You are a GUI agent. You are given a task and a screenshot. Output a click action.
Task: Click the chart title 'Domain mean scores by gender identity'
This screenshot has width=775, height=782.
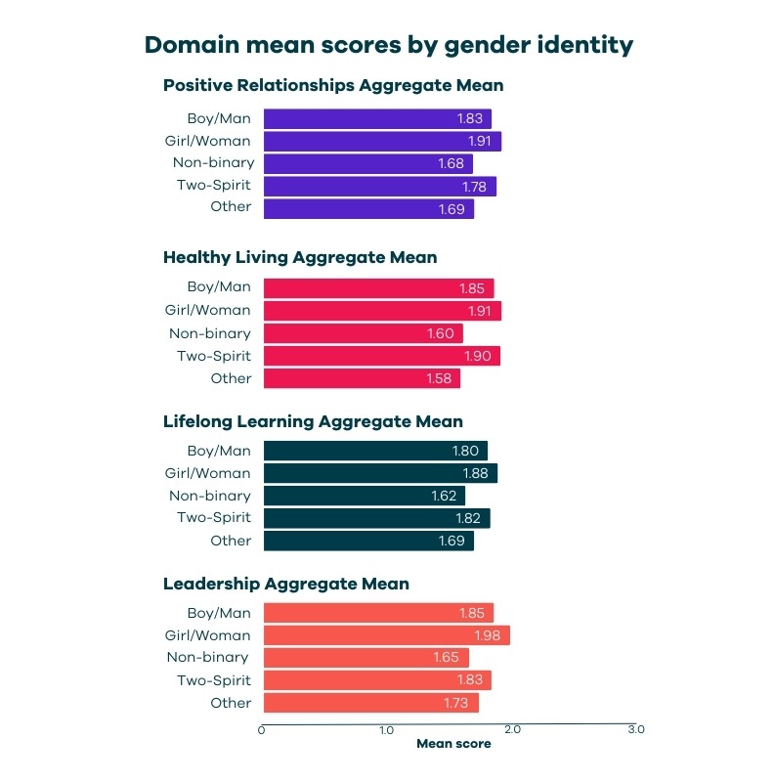[x=388, y=45]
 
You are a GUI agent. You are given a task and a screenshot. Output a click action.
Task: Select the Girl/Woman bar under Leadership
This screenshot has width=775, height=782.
[x=386, y=636]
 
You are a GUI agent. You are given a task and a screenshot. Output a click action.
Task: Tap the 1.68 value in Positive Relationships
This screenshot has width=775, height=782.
[x=451, y=164]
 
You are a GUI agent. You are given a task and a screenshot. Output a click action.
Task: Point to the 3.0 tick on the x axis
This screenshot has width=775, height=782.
[x=636, y=729]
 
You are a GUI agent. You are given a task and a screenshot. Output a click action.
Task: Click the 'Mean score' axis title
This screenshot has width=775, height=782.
[x=453, y=744]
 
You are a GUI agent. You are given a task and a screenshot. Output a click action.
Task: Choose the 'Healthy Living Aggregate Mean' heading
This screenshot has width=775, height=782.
[x=300, y=258]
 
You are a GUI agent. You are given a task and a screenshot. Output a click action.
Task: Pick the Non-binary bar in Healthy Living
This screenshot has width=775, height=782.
[x=363, y=334]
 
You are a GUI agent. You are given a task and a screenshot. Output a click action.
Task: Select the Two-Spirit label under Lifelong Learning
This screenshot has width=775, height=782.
[x=214, y=518]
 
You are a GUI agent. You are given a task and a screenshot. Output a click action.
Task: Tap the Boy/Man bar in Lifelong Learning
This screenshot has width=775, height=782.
[x=375, y=452]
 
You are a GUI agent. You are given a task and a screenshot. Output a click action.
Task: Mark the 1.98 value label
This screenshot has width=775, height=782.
[x=488, y=636]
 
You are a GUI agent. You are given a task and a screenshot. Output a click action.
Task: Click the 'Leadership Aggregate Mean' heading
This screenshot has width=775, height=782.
[x=286, y=585]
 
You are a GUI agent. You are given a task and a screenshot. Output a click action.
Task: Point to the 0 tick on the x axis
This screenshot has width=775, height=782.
[x=262, y=729]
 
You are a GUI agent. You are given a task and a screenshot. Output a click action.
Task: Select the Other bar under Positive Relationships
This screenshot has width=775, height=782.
[x=368, y=209]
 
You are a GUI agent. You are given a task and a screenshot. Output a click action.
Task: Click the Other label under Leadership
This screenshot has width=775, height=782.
[x=231, y=703]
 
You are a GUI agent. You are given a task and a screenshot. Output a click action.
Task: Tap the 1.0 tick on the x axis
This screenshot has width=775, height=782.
[x=387, y=729]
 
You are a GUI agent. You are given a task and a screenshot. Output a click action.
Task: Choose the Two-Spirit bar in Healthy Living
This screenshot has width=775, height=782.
[x=381, y=357]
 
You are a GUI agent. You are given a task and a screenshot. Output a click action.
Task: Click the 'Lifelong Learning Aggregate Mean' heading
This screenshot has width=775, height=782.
[x=313, y=422]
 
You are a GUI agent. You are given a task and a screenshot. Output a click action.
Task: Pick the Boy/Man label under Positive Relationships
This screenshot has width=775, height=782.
[x=219, y=118]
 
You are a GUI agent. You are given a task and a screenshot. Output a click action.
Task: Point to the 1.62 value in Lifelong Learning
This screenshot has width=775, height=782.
[x=445, y=497]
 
